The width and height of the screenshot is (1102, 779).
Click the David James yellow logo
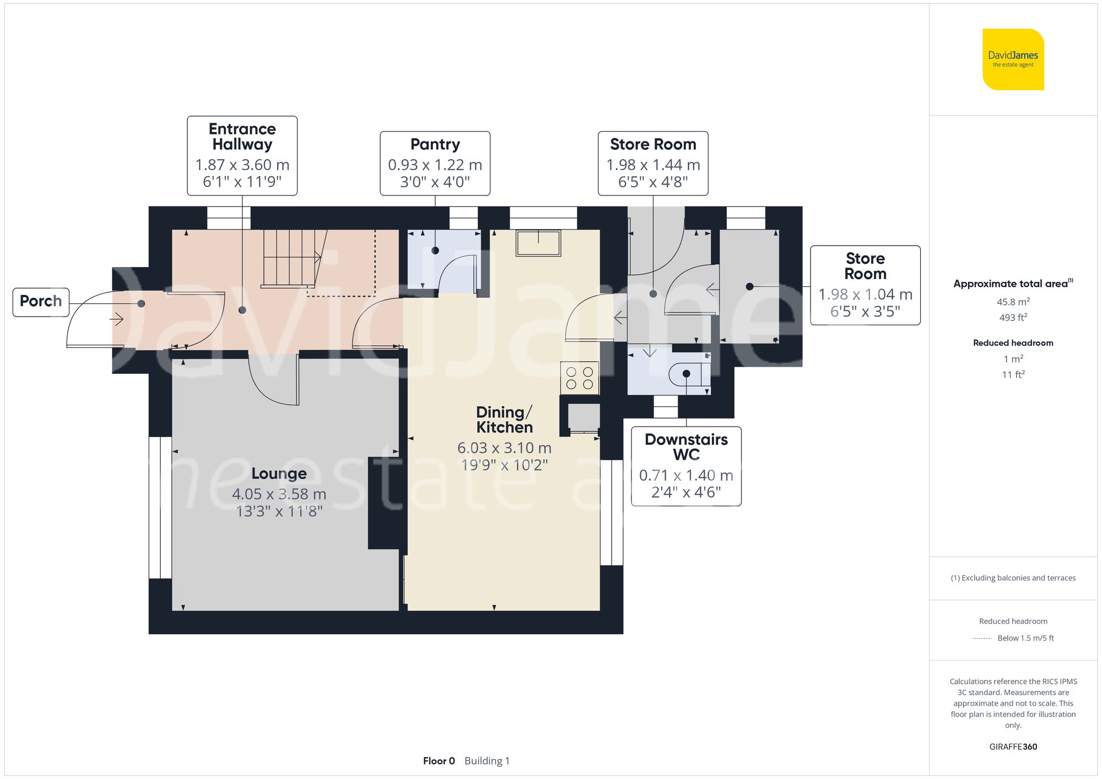coord(1013,59)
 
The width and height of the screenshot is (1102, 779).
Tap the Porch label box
coord(41,302)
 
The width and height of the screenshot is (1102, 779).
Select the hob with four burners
coord(580,378)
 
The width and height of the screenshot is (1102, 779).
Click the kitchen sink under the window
coord(538,243)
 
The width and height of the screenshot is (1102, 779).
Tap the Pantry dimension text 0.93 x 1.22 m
coord(435,165)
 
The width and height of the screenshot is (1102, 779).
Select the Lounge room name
coord(279,473)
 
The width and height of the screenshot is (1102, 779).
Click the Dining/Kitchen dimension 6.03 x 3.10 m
coord(504,448)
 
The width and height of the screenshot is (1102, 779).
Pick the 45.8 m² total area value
coord(1013,302)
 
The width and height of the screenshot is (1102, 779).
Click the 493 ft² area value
coord(1013,318)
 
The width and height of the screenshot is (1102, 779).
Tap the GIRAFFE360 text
coord(1013,747)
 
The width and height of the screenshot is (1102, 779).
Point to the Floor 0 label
coord(439,761)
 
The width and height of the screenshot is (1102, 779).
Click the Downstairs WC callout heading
coord(686,447)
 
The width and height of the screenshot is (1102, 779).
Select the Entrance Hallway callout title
coord(242,137)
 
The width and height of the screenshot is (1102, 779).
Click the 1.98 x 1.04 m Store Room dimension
coord(865,295)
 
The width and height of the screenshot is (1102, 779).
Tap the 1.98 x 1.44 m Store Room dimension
coord(653,165)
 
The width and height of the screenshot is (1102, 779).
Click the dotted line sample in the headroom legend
coord(982,639)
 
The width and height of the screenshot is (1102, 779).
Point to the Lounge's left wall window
coord(160,508)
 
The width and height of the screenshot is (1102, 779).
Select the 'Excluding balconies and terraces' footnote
coord(1013,578)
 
